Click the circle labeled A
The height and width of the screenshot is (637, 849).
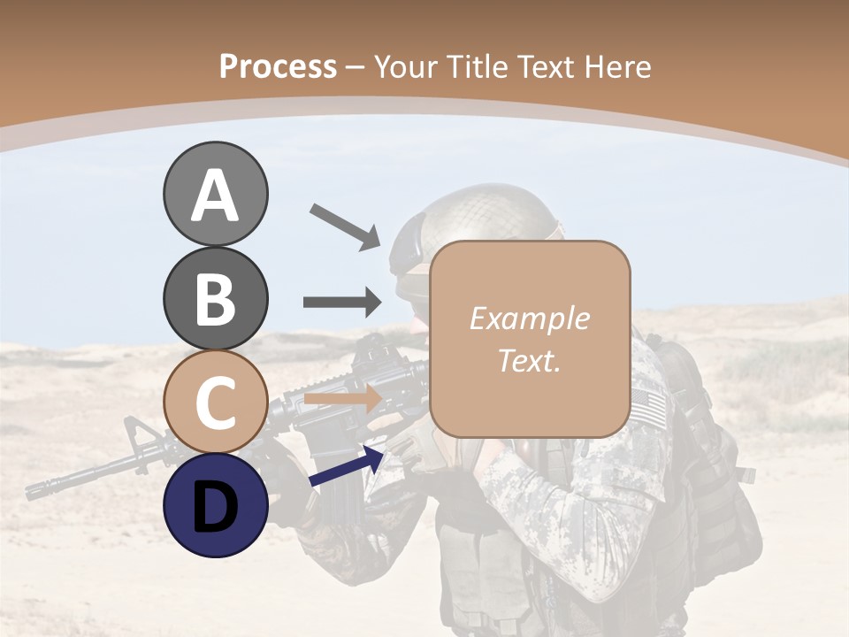tap(215, 194)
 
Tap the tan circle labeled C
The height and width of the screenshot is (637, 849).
tap(215, 402)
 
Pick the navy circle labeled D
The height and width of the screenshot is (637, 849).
tap(215, 505)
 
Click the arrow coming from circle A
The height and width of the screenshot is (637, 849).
tap(345, 226)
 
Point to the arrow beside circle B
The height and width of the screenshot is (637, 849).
tap(342, 302)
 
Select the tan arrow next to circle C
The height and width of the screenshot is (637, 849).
tap(342, 400)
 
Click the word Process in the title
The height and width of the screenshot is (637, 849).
tap(278, 66)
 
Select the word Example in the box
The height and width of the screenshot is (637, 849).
tap(529, 318)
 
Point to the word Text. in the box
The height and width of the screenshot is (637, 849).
tap(529, 360)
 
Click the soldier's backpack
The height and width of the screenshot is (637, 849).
tap(716, 460)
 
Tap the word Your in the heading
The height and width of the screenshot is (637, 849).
tap(408, 66)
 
